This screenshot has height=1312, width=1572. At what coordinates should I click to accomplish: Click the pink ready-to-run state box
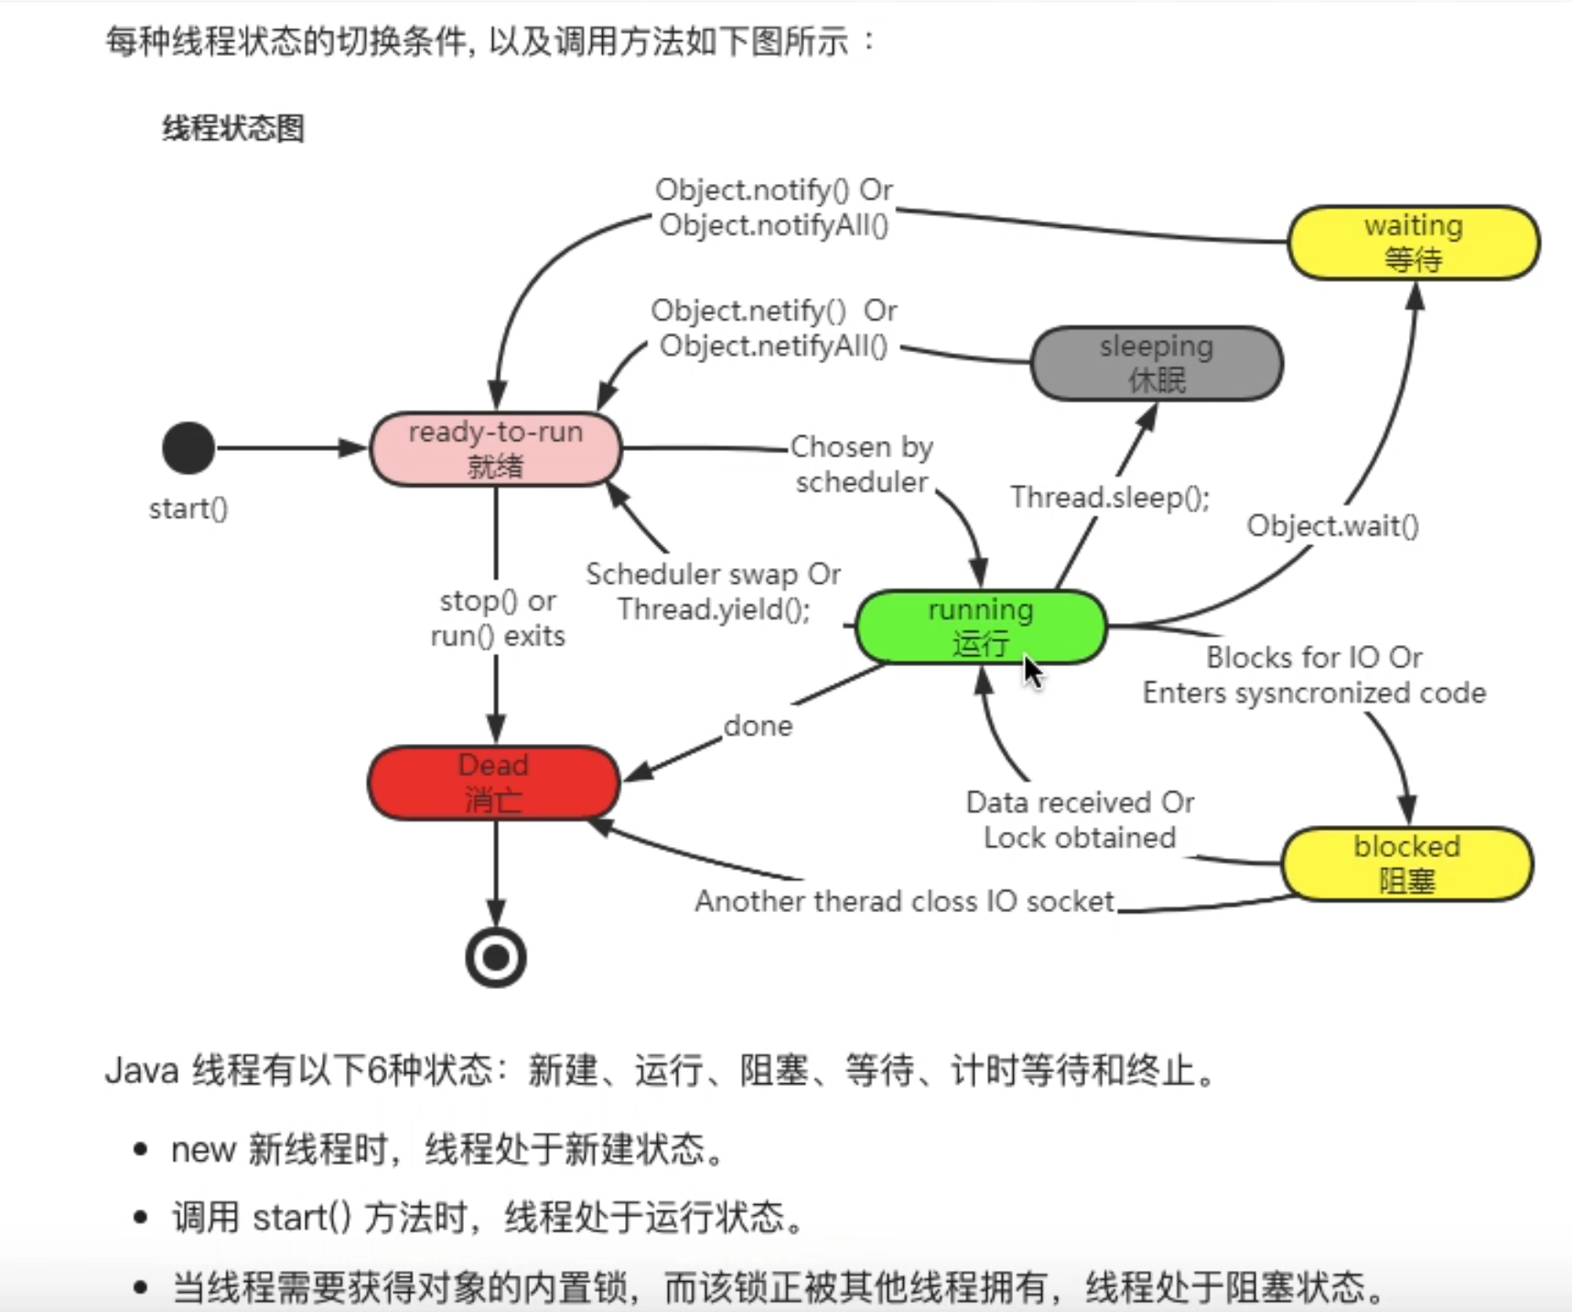click(x=495, y=448)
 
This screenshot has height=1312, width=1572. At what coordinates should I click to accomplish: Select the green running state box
click(x=980, y=627)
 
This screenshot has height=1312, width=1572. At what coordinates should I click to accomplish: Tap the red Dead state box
click(x=493, y=782)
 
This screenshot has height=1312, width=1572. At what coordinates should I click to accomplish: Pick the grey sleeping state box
click(x=1156, y=363)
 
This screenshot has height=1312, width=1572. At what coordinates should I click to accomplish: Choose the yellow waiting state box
click(x=1413, y=242)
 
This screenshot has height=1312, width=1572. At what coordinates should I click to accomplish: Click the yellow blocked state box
click(x=1406, y=864)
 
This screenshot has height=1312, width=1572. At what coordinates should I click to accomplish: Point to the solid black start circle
click(x=188, y=448)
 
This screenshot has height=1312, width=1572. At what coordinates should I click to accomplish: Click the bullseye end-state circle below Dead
click(x=495, y=957)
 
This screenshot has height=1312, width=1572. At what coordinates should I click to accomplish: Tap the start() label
click(x=188, y=509)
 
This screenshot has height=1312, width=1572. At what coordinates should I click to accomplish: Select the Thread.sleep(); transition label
click(x=1109, y=497)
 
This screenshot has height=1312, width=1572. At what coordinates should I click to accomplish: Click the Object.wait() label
click(x=1331, y=526)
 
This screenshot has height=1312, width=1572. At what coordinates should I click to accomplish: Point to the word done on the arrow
click(x=758, y=726)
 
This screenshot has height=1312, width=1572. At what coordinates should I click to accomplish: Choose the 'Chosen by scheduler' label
click(x=861, y=464)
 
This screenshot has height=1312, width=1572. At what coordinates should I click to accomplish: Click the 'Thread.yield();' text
click(x=714, y=609)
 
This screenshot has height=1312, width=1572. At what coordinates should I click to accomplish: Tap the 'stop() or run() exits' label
click(x=497, y=618)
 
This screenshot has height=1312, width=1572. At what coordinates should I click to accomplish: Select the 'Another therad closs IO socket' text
click(x=904, y=901)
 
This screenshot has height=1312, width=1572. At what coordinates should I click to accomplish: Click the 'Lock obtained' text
click(x=1079, y=837)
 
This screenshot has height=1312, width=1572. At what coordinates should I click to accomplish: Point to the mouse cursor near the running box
click(x=1032, y=672)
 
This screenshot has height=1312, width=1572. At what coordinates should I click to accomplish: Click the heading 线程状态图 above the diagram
click(x=233, y=128)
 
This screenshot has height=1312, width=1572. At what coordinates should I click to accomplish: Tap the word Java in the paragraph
click(x=141, y=1070)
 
